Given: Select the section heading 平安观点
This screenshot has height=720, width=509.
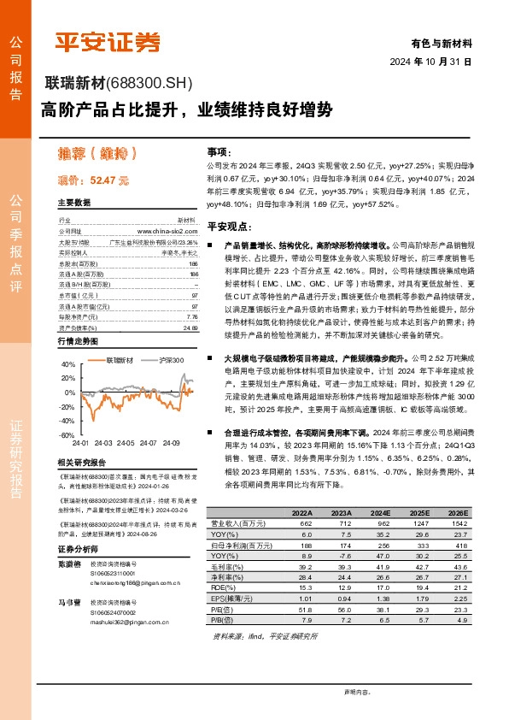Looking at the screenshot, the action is point(226,227).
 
